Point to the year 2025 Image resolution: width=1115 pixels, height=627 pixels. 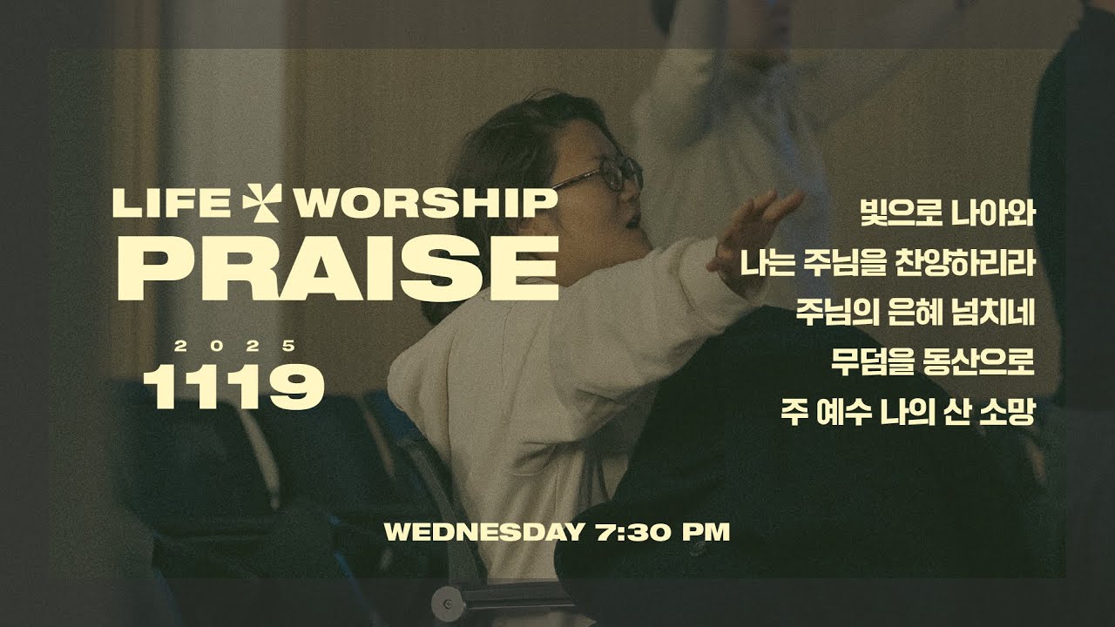coord(233,346)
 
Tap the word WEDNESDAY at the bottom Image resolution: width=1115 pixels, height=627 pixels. coord(479,532)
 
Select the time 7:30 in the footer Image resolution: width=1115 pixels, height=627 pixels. coord(626,532)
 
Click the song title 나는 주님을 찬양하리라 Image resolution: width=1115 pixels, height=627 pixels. coord(887,262)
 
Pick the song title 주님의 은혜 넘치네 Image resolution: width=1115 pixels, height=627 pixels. coord(915,312)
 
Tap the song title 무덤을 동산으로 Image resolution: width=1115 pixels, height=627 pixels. coord(932,361)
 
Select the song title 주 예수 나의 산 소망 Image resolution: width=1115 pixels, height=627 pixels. coord(908,411)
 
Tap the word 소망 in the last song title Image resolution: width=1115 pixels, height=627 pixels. coord(1010,411)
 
